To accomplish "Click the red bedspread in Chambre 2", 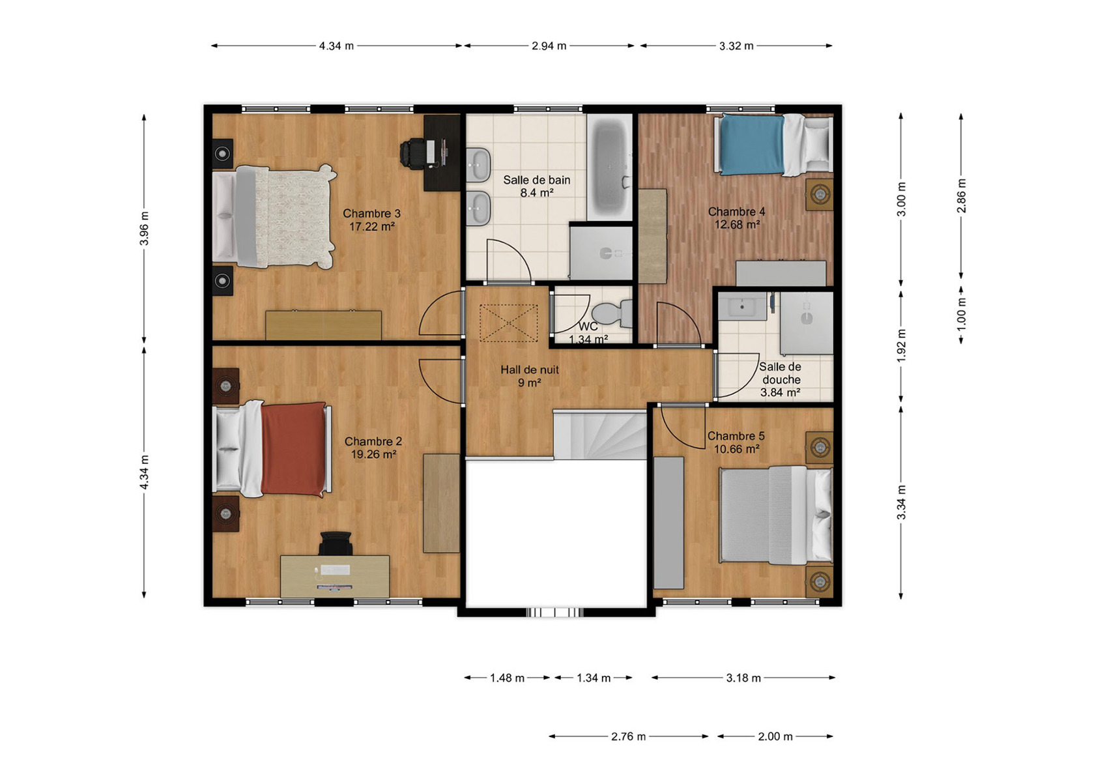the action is tap(293, 450).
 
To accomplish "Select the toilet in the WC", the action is tap(612, 314).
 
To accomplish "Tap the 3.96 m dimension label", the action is tap(144, 229).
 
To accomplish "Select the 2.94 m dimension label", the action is tap(549, 46).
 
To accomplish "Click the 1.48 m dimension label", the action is tap(507, 678).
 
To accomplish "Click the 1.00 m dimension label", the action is tap(962, 314).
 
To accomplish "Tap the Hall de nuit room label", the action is tap(529, 369).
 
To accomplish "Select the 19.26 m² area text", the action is tap(373, 454).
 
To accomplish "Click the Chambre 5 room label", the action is tap(736, 436).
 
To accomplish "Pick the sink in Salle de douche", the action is tap(743, 306).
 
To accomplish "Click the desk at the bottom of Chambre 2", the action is tap(335, 576).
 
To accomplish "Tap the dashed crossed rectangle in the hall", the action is tap(509, 323).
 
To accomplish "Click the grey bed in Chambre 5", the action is tap(776, 515).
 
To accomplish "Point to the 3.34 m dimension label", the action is tap(901, 502).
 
